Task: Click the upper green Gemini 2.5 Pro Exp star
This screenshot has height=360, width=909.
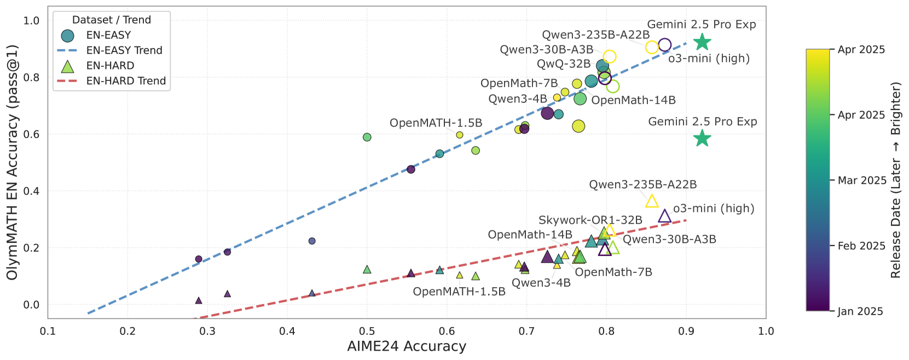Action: coord(702,42)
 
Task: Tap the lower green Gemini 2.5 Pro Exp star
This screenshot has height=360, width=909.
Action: coord(702,138)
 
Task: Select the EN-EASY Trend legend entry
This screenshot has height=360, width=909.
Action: coord(124,50)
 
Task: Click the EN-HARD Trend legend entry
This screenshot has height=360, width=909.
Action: coord(126,81)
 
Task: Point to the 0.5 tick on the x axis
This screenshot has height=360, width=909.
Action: coord(367,331)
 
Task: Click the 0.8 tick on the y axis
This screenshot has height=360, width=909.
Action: coord(32,78)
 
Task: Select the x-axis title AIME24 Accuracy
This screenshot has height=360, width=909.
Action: coord(407,346)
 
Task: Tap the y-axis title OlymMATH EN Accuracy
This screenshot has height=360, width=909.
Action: coord(13,162)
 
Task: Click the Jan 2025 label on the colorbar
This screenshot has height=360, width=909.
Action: coord(860,311)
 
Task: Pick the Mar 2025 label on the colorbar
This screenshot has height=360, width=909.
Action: coord(862,181)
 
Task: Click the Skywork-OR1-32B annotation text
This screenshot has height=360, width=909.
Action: coord(590,220)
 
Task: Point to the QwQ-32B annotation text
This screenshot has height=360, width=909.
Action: coord(563,64)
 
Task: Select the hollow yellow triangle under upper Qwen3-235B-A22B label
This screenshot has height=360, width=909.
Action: coord(652,201)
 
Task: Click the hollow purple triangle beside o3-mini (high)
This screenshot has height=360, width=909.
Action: coord(664,216)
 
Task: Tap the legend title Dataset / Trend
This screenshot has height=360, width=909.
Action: coord(112,20)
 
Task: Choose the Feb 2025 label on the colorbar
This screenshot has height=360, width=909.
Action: coord(861,246)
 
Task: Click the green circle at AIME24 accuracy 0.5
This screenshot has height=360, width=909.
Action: coord(367,137)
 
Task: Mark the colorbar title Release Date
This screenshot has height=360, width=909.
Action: coord(896,180)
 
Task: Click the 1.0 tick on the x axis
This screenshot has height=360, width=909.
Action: coord(766,331)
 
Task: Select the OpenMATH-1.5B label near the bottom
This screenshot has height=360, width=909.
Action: coord(459,291)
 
